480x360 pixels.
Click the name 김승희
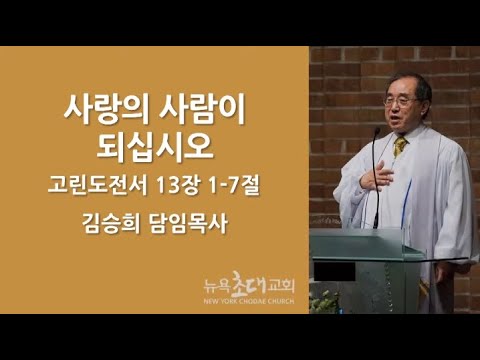[x=111, y=223]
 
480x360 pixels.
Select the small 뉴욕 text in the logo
[x=217, y=286]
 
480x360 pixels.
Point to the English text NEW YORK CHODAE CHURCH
[x=249, y=301]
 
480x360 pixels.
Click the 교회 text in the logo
[x=281, y=286]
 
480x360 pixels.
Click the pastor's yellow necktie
[x=400, y=145]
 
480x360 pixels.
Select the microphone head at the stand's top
[x=377, y=132]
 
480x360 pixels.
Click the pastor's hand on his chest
[x=377, y=176]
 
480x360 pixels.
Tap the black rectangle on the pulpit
[x=334, y=271]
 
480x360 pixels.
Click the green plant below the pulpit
[x=324, y=302]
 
